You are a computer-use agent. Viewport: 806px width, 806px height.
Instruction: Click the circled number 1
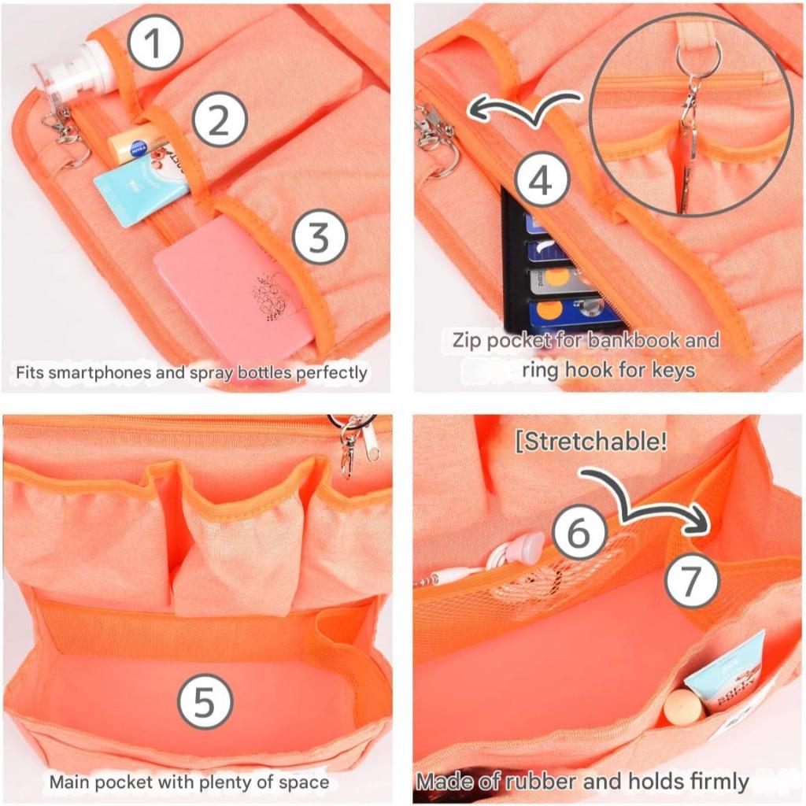[x=155, y=43]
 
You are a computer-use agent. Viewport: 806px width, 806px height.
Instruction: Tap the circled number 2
[x=220, y=120]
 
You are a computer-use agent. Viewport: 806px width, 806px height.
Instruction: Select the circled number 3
[x=320, y=237]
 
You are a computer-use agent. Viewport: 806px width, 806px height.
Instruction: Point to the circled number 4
[x=542, y=181]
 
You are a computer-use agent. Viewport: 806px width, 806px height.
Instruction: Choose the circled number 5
[x=205, y=701]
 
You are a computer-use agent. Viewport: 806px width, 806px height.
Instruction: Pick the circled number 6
[x=580, y=533]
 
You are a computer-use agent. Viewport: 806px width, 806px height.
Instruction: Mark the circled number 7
[x=691, y=579]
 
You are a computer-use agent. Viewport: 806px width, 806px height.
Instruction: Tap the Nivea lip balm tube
[x=138, y=143]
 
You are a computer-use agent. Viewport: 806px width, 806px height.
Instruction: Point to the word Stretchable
[x=590, y=441]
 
